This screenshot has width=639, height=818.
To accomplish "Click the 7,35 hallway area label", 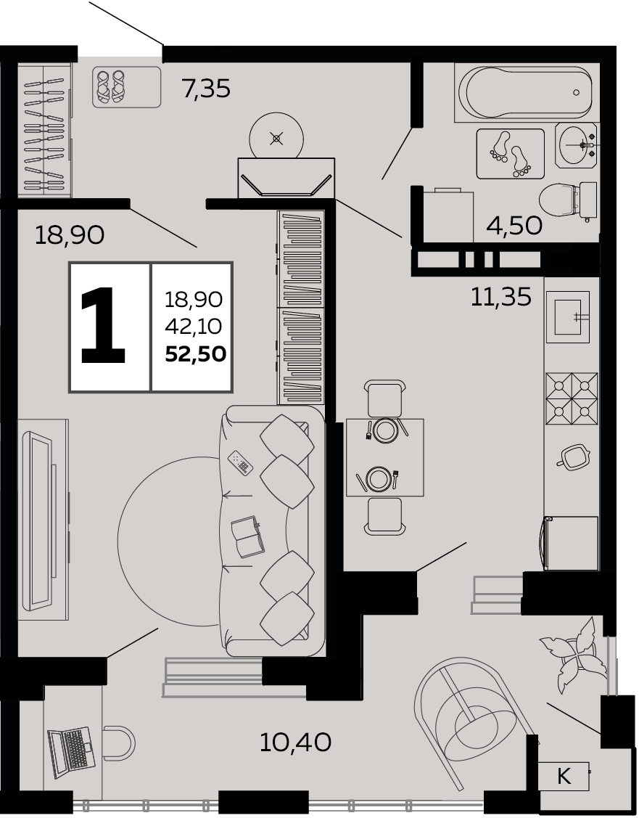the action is point(206,88).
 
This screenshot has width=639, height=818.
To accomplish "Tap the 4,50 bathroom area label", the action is point(514,225).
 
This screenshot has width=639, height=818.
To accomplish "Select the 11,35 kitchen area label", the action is point(501,297).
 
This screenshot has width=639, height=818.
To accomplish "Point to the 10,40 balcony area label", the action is point(295,743).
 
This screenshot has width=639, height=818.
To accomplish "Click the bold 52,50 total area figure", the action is point(195,353).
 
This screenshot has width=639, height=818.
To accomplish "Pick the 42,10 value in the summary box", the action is point(194,327).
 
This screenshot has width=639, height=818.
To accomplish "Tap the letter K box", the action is point(564,777).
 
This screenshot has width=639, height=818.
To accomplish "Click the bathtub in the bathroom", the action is point(527,93).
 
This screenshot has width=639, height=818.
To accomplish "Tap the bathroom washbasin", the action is point(577,145).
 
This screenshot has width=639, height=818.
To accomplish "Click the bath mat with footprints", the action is point(511,153).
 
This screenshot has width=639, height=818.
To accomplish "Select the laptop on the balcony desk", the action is point(70,748).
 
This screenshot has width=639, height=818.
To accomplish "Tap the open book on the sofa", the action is point(248,536).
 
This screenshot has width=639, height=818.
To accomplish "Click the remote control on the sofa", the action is point(241,462).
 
